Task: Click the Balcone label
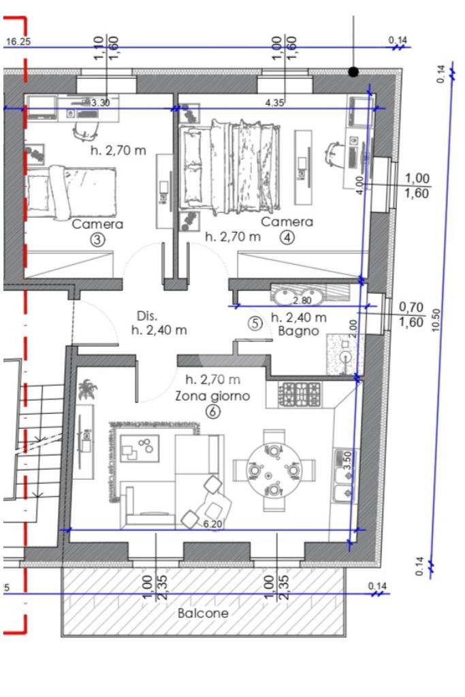coord(203,613)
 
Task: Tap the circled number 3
coord(97,240)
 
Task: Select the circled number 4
coord(287,238)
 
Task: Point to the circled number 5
coord(255,323)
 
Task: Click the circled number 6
coord(213,412)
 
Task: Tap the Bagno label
coord(298,331)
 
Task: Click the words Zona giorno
coord(212,395)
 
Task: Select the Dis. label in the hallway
coord(146,316)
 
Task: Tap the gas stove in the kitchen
coord(299,394)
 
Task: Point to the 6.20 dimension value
coord(212,524)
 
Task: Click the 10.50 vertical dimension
coord(436,320)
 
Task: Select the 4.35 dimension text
coord(274,103)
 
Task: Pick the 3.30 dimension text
coord(101,103)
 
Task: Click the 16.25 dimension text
coord(18,42)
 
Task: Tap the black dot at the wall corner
coord(353,71)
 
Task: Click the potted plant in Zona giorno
coord(87,389)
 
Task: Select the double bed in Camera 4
coord(230,168)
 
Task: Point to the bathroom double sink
coord(298,295)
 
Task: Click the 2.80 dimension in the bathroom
coord(302,300)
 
